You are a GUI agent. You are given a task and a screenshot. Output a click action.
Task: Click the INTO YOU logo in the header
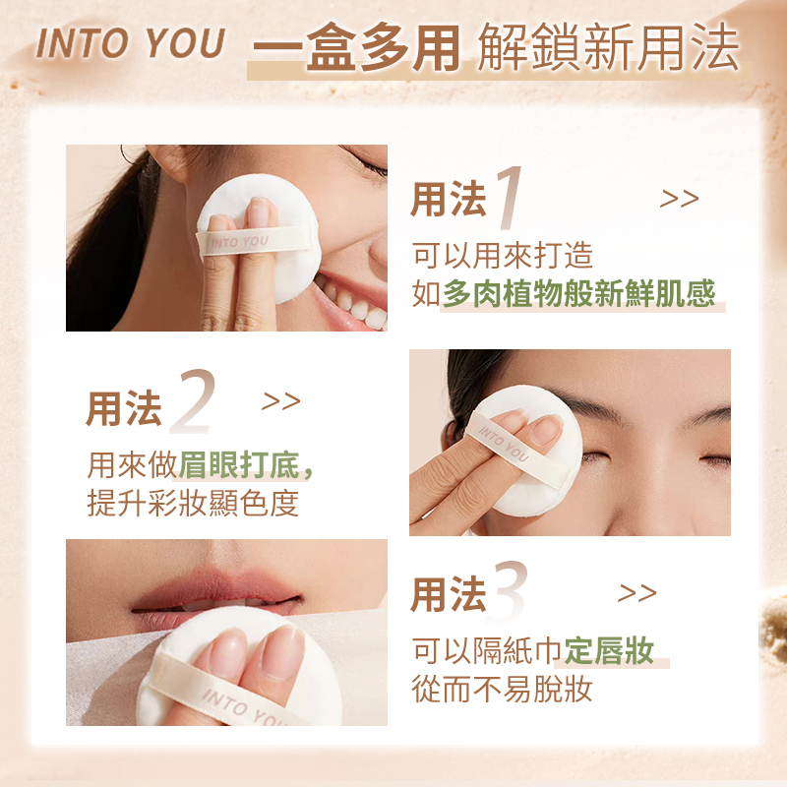(x=131, y=43)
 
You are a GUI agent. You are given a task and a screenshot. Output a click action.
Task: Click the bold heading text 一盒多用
(x=356, y=46)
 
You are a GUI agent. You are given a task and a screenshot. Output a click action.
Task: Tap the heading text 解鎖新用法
(x=608, y=46)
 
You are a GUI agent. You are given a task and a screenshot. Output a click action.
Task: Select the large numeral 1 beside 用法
(x=509, y=198)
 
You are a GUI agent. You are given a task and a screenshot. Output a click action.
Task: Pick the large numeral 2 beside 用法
(x=193, y=401)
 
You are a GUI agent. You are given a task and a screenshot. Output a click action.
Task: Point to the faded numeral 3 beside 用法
(x=511, y=592)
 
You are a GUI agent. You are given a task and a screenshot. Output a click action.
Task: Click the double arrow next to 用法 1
(x=679, y=199)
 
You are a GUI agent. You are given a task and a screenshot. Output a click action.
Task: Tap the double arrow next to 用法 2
(x=281, y=401)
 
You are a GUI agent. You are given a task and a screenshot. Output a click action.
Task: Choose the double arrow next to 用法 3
(x=636, y=593)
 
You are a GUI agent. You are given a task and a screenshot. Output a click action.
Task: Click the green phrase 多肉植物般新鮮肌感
(x=578, y=293)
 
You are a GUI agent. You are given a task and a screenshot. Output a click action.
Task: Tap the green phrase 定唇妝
(x=609, y=650)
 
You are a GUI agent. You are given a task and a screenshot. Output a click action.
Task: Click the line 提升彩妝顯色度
(x=193, y=503)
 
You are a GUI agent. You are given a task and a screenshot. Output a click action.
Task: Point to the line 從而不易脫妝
(x=502, y=689)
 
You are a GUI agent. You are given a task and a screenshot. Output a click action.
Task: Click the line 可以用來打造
(x=503, y=255)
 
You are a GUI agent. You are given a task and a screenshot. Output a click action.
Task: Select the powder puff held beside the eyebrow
(x=527, y=451)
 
